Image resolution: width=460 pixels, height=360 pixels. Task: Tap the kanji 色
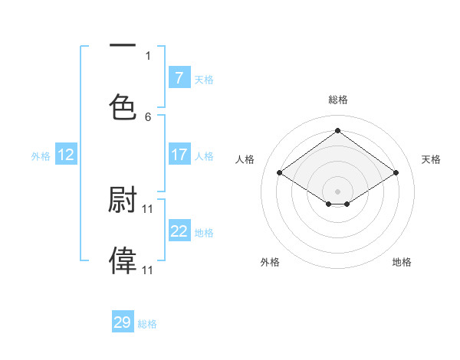click(123, 106)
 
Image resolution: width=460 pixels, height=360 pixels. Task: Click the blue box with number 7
click(179, 77)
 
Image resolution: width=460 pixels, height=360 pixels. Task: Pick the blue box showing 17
click(179, 155)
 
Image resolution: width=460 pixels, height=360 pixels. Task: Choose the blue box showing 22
click(179, 231)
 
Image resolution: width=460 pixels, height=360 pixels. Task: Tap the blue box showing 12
click(66, 155)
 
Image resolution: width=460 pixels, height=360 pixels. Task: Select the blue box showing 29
click(123, 322)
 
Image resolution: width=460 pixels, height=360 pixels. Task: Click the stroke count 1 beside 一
click(148, 56)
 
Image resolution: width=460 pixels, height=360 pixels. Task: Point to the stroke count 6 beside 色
click(148, 116)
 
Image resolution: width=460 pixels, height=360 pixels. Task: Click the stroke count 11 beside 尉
click(148, 208)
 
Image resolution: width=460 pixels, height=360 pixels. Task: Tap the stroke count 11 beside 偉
click(148, 270)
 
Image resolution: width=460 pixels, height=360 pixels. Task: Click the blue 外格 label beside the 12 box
click(41, 155)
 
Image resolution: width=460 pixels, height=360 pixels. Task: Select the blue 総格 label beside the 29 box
click(147, 324)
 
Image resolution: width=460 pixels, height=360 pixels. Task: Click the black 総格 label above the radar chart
click(338, 100)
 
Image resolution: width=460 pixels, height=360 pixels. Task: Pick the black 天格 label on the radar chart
click(431, 159)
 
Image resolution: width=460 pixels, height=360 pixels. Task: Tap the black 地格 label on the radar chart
click(402, 262)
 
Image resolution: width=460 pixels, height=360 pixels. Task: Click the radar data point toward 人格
click(280, 173)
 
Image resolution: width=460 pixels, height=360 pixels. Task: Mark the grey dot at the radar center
click(338, 191)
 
